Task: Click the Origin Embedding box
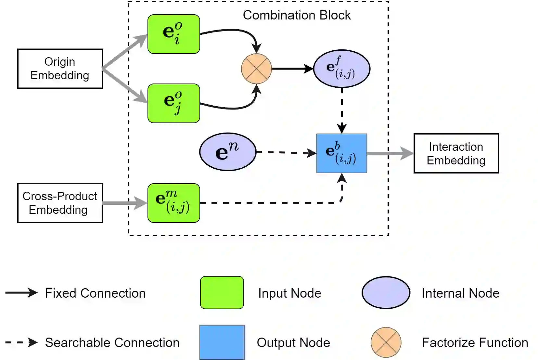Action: (x=60, y=69)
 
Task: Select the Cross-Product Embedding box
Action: (x=60, y=203)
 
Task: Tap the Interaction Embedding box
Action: (x=456, y=153)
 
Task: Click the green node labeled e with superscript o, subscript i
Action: (x=174, y=34)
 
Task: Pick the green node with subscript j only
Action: (x=174, y=103)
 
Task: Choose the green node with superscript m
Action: (x=174, y=203)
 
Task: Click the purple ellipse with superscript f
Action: (x=342, y=69)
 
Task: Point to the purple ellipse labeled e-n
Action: (x=228, y=152)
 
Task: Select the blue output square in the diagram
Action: (x=342, y=153)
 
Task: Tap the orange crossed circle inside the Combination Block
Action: (x=256, y=69)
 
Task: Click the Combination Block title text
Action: (x=297, y=15)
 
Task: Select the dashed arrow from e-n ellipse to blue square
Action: (x=286, y=152)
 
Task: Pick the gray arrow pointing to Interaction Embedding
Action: (x=390, y=153)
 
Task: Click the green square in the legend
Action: (x=222, y=293)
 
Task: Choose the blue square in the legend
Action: (x=222, y=342)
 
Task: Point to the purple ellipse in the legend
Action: (x=386, y=292)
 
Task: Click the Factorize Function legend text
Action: (x=475, y=342)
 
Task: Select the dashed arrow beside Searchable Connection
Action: (x=21, y=342)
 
